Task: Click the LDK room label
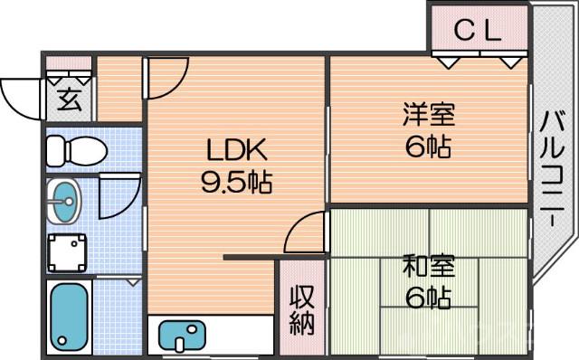[236, 148]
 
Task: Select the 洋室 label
[428, 116]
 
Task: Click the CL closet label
[477, 33]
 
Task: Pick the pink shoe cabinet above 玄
[69, 65]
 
